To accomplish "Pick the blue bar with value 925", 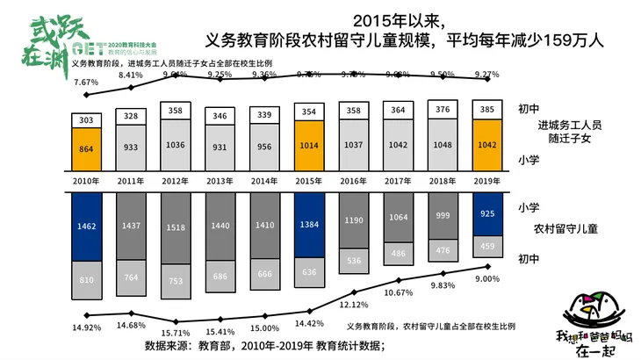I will (487, 213).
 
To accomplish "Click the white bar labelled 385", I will (487, 109).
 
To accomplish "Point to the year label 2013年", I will (220, 180).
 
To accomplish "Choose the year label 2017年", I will (399, 180).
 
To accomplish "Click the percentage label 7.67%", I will (85, 82).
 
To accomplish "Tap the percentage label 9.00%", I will (487, 279).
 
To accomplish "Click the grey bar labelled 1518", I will (175, 227).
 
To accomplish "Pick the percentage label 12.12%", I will (354, 305).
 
